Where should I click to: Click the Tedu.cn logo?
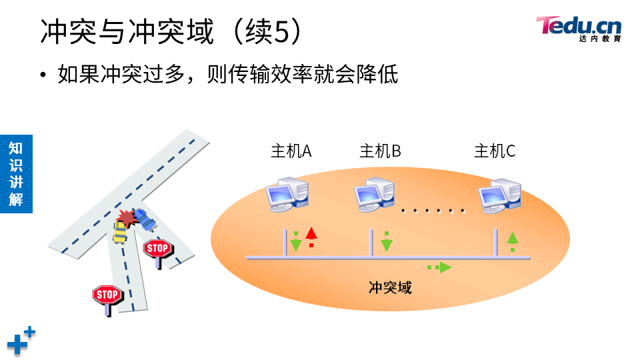click(579, 28)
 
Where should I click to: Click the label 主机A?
click(291, 151)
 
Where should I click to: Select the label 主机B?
click(380, 151)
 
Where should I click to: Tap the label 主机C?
click(494, 151)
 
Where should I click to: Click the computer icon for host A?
click(287, 194)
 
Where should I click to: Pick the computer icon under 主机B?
click(375, 194)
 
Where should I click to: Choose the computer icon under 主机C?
click(500, 194)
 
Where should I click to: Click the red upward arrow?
click(311, 237)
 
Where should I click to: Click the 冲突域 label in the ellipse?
click(390, 287)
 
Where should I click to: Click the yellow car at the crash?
click(120, 232)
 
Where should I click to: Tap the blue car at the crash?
click(144, 219)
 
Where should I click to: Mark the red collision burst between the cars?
click(127, 217)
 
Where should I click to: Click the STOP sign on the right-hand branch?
click(158, 249)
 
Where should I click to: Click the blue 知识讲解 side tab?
click(16, 173)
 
